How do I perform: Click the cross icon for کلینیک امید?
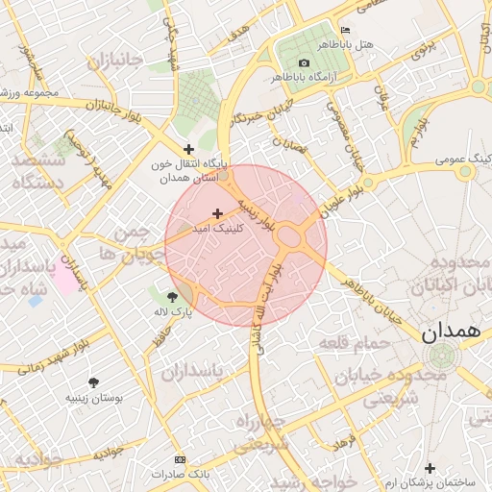[x=217, y=213]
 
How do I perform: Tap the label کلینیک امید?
[x=218, y=229]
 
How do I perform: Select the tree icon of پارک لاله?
[x=172, y=297]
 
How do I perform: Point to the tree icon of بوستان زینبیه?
[x=93, y=382]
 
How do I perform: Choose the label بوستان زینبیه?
[x=90, y=397]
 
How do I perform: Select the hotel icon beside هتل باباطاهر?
[x=345, y=31]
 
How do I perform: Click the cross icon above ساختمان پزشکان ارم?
[x=430, y=468]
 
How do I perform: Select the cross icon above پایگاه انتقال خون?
[x=188, y=149]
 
